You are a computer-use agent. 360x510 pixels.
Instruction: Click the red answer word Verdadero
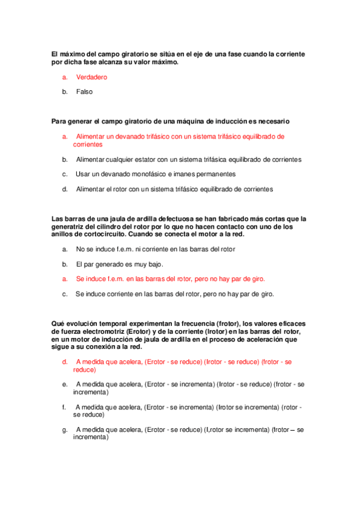coord(91,77)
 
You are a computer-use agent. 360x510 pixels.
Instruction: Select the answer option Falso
coord(85,91)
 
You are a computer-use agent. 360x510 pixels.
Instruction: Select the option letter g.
coord(64,430)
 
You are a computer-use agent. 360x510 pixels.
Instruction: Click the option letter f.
coord(64,407)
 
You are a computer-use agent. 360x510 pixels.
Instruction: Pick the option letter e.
coord(64,384)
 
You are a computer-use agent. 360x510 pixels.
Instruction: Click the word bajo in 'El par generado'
coord(156,264)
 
